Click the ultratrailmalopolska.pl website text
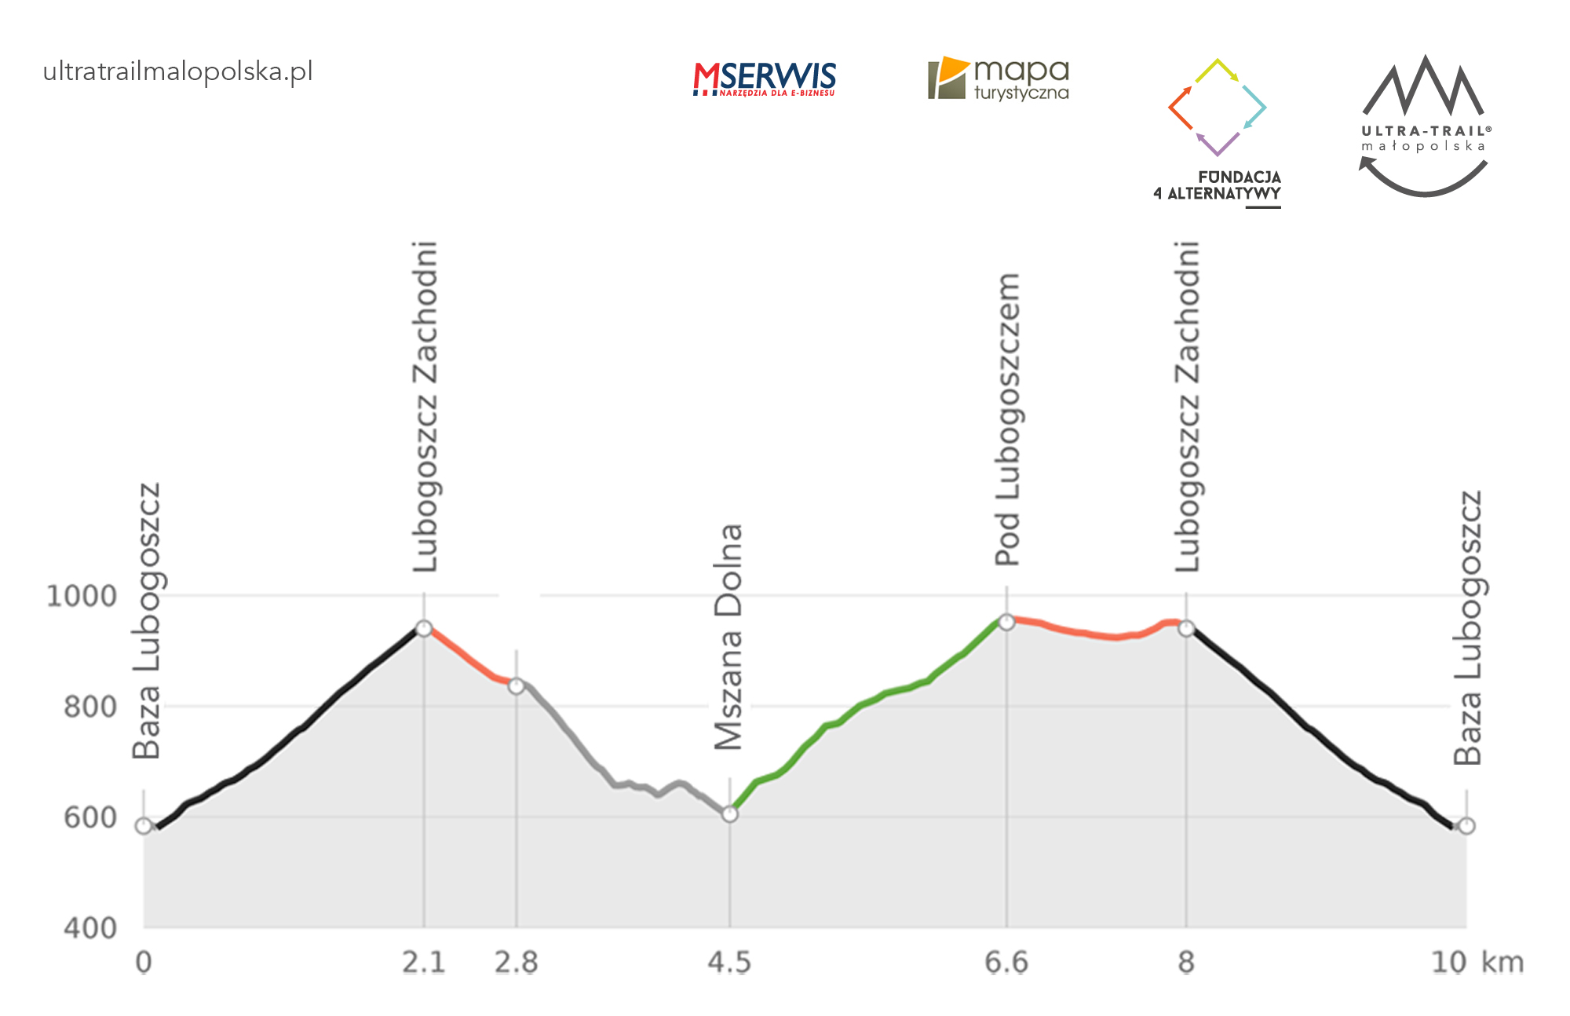coord(177,71)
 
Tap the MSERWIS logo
coord(764,79)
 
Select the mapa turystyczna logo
coord(999,79)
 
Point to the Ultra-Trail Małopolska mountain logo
coord(1424,124)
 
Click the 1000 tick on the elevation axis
coord(82,596)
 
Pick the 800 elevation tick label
coord(89,707)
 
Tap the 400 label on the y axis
coord(89,928)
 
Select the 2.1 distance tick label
coord(424,963)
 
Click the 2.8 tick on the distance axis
coord(516,963)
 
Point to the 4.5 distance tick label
coord(729,963)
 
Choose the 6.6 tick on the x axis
coord(1006,963)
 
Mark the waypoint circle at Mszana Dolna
coord(730,814)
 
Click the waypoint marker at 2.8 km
coord(516,686)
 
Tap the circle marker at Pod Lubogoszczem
coord(1006,623)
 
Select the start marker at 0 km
coord(144,826)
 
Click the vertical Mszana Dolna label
coord(729,637)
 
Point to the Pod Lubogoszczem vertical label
coord(1007,420)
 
